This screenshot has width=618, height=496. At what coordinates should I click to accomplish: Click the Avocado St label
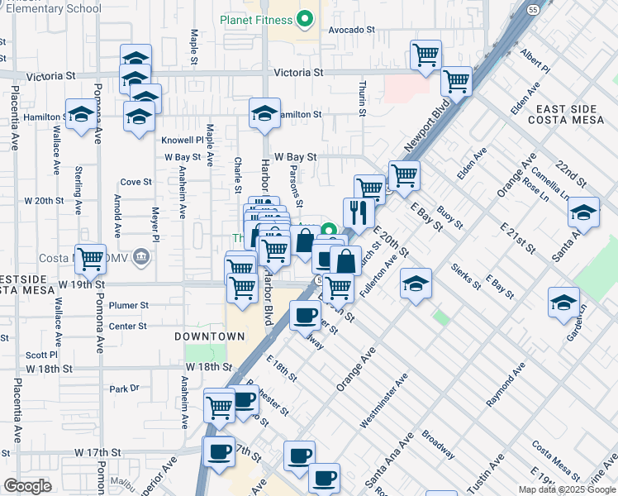point(352,29)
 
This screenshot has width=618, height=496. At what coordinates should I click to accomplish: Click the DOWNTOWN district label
point(210,336)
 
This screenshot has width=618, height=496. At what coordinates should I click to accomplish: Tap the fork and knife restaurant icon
point(358,213)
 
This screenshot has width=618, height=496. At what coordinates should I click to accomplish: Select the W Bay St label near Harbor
point(295,155)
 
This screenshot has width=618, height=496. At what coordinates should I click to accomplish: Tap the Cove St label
point(136,182)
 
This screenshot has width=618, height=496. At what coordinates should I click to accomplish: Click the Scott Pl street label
point(40,354)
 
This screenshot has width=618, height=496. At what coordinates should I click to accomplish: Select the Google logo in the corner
point(27,485)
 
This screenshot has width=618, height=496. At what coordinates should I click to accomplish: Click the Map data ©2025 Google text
point(567,489)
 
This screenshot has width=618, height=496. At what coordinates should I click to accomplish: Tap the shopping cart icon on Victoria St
point(425,55)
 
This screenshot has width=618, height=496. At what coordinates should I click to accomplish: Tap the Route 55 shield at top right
point(534,10)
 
